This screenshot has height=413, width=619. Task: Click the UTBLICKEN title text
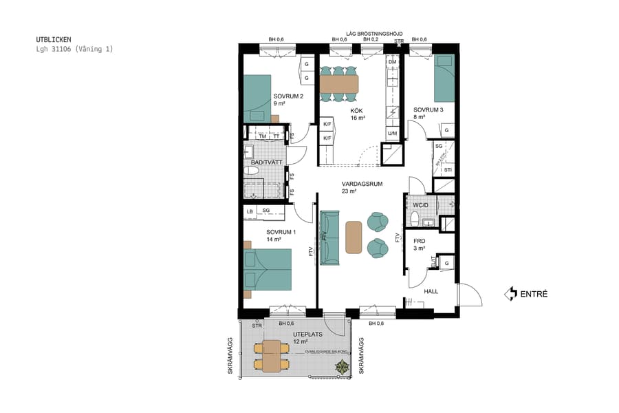tap(53, 39)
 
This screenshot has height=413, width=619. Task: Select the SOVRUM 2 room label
tap(288, 96)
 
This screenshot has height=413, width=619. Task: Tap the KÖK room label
tap(356, 111)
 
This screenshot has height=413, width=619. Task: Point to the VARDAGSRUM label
tap(362, 184)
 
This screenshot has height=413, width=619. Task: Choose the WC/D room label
tap(421, 204)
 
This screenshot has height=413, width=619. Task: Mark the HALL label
tap(431, 291)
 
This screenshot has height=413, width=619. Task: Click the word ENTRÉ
tap(534, 294)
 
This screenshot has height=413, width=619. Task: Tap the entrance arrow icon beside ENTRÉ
tap(510, 294)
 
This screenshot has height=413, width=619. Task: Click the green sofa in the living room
tap(331, 237)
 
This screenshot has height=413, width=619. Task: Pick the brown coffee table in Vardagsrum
tap(354, 236)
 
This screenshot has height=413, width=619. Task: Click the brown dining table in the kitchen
tap(339, 83)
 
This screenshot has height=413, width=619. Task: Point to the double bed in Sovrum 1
tap(268, 270)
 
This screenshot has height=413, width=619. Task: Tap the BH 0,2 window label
tap(371, 40)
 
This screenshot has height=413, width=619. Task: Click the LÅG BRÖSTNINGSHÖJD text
tap(374, 32)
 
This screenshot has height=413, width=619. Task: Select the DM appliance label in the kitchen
tap(392, 62)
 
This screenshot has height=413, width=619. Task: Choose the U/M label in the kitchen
tap(392, 133)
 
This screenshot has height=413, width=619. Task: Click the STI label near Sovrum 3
tap(448, 169)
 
